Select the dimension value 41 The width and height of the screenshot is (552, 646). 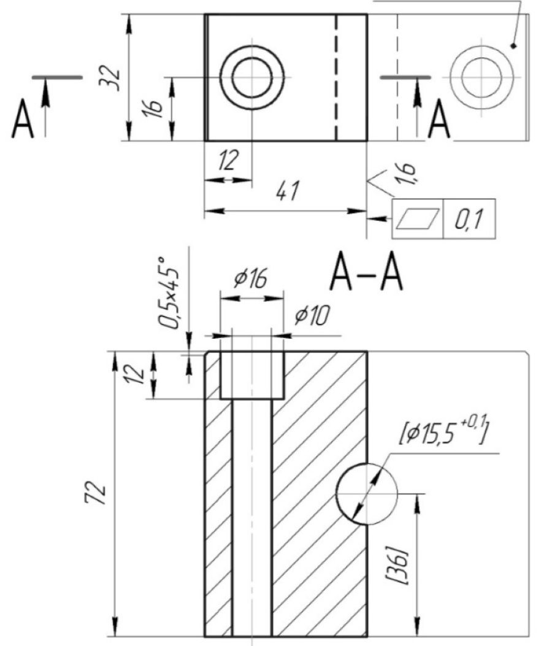285,193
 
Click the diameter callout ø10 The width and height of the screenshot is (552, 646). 312,317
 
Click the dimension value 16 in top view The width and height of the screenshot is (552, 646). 155,109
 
